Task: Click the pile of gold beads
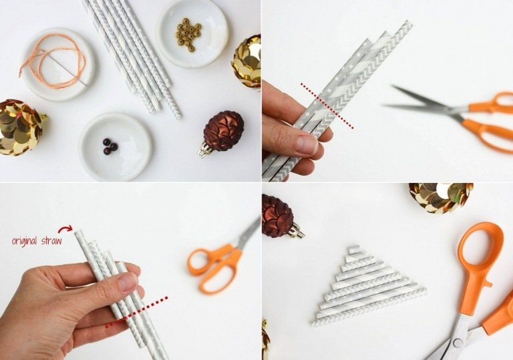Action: click(x=188, y=33)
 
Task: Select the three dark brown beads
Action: click(x=110, y=146)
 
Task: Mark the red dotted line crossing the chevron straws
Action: click(x=327, y=106)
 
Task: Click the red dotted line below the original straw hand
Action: click(x=136, y=312)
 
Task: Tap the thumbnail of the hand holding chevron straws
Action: click(x=306, y=145)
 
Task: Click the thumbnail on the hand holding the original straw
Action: click(x=128, y=281)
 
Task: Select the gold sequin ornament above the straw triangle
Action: click(x=441, y=197)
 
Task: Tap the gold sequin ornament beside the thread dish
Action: click(x=19, y=127)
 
